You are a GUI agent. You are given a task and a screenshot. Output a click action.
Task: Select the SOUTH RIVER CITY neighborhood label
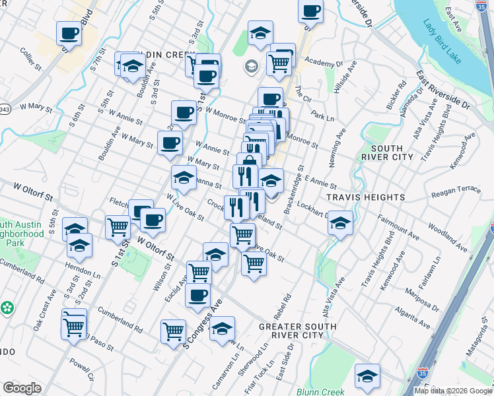387,152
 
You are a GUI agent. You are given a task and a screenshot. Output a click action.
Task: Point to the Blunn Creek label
320,391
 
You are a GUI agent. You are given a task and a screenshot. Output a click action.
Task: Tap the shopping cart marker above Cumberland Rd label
173,332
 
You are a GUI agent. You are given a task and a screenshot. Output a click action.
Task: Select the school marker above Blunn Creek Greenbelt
367,376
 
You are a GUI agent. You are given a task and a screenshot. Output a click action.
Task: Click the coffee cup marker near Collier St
69,33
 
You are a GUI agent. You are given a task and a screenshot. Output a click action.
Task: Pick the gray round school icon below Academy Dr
251,66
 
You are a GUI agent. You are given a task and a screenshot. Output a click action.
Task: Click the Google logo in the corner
22,388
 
